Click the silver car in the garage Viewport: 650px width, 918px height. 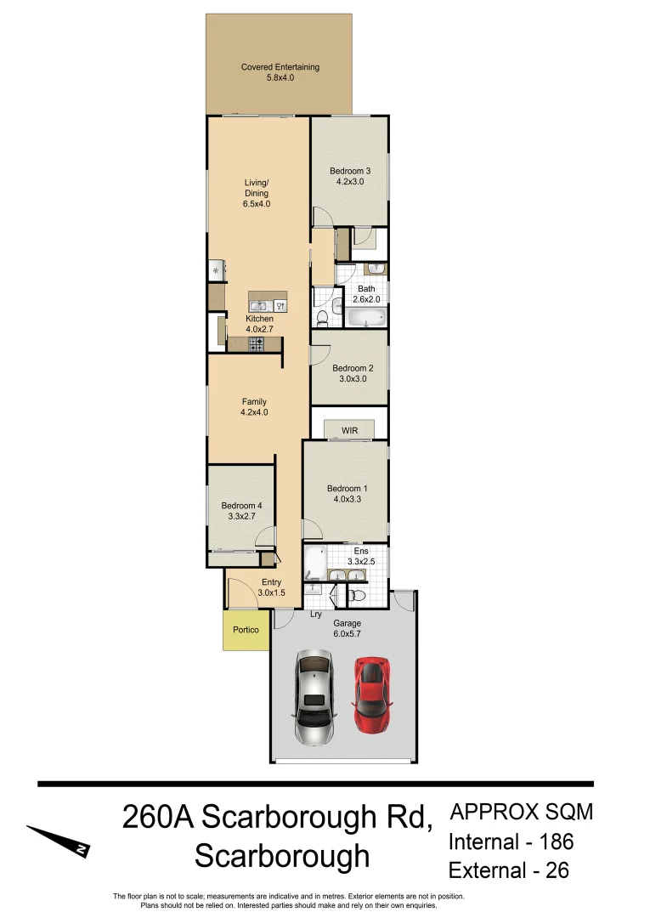(314, 695)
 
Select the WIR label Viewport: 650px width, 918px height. (350, 431)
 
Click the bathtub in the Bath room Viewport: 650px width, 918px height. (366, 318)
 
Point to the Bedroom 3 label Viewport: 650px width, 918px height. (350, 171)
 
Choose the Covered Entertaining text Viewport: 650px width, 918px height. (280, 67)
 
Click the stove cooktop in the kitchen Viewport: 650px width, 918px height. (255, 343)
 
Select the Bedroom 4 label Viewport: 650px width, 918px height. (241, 506)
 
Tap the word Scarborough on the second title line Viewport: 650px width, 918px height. (282, 855)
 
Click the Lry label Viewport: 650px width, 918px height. (315, 614)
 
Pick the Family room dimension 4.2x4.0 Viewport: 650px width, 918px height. (254, 412)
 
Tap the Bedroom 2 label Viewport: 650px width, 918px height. (349, 368)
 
